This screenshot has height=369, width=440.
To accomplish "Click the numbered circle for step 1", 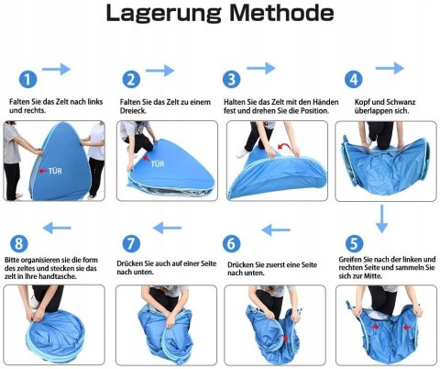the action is [x=27, y=80].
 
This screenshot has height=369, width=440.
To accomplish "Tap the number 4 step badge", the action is [x=354, y=79].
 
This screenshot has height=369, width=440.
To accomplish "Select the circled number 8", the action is [x=19, y=244].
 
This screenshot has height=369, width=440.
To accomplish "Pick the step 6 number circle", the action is [x=231, y=244].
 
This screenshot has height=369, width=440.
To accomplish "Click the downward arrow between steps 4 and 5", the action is [x=381, y=218].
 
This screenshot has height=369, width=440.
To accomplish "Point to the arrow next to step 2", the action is [x=159, y=71].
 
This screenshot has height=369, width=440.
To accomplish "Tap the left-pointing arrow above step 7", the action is [x=167, y=228].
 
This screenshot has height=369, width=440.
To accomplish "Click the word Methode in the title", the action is [x=281, y=13].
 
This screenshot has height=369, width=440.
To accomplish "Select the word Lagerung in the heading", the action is [x=163, y=14].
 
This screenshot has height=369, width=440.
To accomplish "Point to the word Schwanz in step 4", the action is [x=401, y=102].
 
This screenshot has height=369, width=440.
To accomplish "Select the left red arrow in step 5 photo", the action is [x=375, y=327].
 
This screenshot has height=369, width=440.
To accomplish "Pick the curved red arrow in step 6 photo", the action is [x=285, y=338].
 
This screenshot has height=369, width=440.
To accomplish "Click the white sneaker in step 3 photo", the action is [x=243, y=154].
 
